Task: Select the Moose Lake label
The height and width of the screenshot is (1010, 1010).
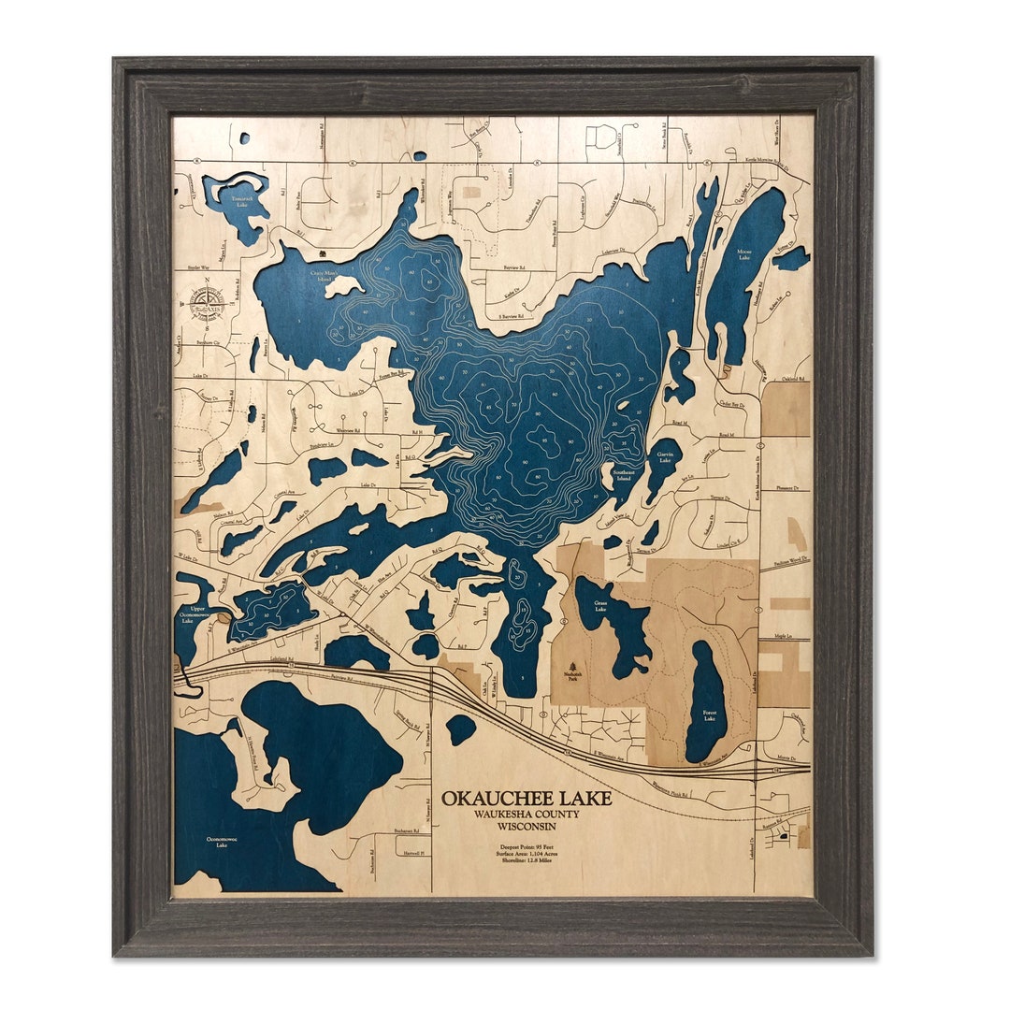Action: pos(744,253)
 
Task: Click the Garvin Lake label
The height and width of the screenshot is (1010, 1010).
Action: pos(663,458)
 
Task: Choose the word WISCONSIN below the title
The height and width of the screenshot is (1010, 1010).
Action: pos(527,826)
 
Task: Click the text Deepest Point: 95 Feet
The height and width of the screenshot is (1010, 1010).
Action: pos(527,847)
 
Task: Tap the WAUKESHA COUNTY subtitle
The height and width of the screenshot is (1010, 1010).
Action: pos(527,814)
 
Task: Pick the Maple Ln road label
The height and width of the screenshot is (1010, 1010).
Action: pos(784,639)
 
